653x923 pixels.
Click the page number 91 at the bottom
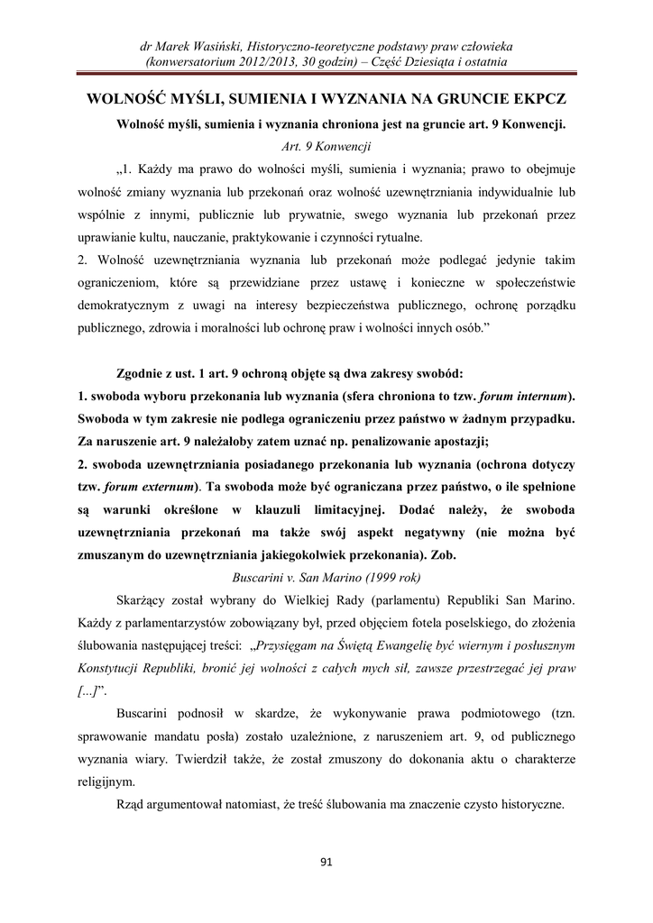pyautogui.click(x=326, y=862)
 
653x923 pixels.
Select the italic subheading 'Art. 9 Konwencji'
pyautogui.click(x=326, y=144)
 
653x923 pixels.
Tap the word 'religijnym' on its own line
pyautogui.click(x=106, y=781)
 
